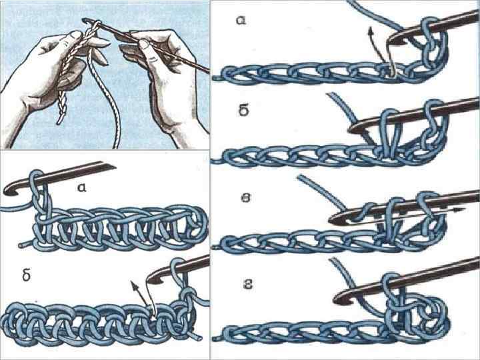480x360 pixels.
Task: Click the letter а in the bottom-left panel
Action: (x=81, y=187)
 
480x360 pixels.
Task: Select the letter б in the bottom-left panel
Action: (x=27, y=276)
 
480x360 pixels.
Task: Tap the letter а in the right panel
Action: (x=241, y=20)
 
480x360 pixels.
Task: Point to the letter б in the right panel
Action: (x=244, y=111)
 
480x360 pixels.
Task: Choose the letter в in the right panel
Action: (x=247, y=198)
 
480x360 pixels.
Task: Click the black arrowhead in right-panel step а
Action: (x=371, y=30)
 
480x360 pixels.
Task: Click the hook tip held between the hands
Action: (x=84, y=21)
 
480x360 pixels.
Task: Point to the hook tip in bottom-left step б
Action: (x=149, y=279)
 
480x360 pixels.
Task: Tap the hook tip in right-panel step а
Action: (x=391, y=41)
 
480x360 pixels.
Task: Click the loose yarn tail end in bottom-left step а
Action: (x=21, y=245)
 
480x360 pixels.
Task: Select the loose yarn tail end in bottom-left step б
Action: (x=199, y=339)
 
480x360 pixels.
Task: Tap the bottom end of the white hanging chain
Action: (x=59, y=122)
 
